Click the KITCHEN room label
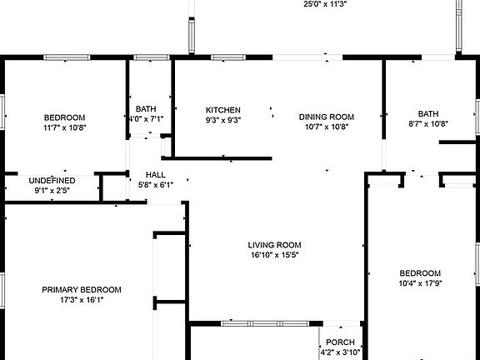(x=222, y=110)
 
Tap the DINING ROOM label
(x=327, y=117)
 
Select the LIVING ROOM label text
(x=275, y=245)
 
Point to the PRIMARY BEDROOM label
(x=82, y=290)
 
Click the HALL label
(x=156, y=175)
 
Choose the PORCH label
(x=340, y=342)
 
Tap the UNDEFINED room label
(x=52, y=181)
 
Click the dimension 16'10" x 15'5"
(x=275, y=255)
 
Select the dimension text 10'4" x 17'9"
(x=420, y=283)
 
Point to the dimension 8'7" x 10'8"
(x=428, y=123)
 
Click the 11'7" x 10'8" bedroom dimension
(x=65, y=127)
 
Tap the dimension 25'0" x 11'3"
(x=325, y=4)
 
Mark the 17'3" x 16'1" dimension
(x=82, y=300)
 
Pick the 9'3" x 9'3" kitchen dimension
(x=223, y=120)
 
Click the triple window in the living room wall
(x=265, y=323)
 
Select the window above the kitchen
(x=228, y=57)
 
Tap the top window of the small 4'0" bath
(x=152, y=57)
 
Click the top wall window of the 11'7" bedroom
(x=67, y=57)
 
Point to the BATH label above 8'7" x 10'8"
(x=428, y=114)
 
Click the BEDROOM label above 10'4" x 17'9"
(x=420, y=273)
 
